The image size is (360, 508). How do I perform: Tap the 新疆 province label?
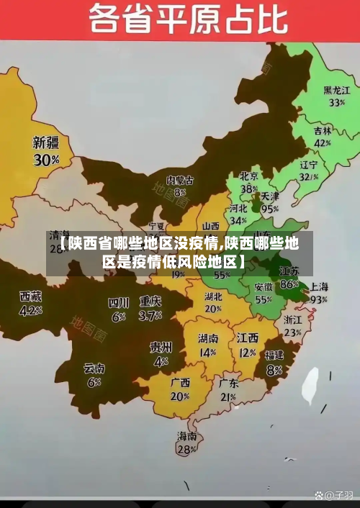(x=46, y=142)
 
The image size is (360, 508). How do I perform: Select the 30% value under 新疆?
(x=46, y=160)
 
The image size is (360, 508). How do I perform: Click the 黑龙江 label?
(x=336, y=91)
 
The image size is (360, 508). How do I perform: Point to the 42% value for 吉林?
(x=323, y=143)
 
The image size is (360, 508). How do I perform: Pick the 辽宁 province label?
(x=309, y=164)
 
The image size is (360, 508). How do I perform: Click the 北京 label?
(x=248, y=176)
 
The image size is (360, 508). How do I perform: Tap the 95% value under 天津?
(x=270, y=209)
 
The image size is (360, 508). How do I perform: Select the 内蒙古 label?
(x=180, y=179)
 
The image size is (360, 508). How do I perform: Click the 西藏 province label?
(x=30, y=296)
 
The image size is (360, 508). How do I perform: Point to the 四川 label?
(x=118, y=302)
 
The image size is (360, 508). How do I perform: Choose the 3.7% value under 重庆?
(x=150, y=315)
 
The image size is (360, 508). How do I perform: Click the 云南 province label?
(x=94, y=369)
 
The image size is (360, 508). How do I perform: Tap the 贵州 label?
(x=161, y=347)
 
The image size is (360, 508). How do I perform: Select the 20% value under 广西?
(x=180, y=396)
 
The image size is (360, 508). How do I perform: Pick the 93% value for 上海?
(x=318, y=299)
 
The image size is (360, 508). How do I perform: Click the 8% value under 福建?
(x=274, y=370)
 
